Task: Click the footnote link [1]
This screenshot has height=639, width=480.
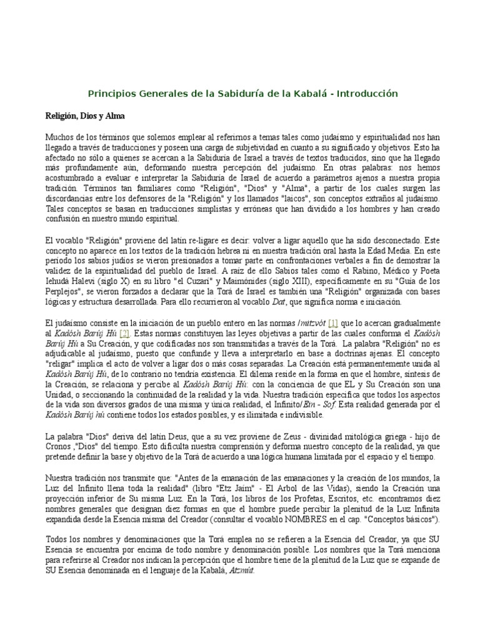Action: click(x=333, y=323)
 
